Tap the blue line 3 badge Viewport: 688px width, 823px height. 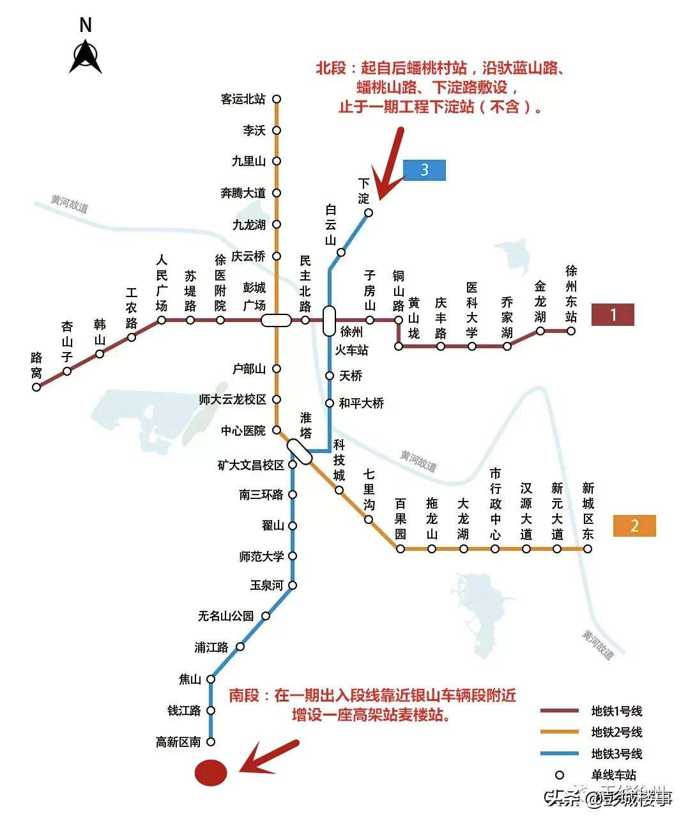click(424, 170)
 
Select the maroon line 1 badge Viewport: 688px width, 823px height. click(613, 314)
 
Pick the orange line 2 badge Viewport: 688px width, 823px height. click(634, 525)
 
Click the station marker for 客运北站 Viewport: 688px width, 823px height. click(277, 99)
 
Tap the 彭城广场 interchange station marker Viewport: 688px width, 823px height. click(276, 320)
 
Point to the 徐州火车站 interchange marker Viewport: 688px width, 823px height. click(329, 321)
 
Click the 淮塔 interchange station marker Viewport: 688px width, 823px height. click(299, 452)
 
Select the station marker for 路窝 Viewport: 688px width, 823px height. click(36, 387)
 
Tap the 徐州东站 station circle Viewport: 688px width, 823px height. click(571, 331)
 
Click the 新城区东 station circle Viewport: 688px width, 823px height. click(588, 549)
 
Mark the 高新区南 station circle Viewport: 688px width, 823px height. click(211, 742)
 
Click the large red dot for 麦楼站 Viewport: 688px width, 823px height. click(211, 773)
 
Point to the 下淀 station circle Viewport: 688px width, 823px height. click(369, 213)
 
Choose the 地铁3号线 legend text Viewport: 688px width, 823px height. click(616, 754)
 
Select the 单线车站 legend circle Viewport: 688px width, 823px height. click(560, 775)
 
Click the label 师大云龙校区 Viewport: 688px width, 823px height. click(233, 399)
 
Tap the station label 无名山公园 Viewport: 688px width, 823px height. click(226, 616)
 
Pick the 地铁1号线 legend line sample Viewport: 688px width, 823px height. click(560, 711)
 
